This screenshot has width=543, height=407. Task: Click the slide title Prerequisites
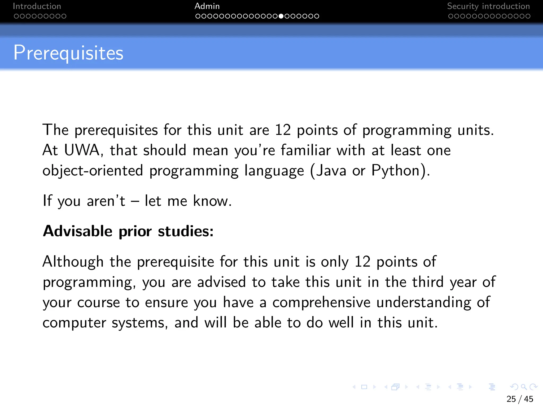coord(68,53)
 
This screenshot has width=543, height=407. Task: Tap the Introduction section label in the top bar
coord(37,6)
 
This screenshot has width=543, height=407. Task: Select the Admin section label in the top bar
coord(207,6)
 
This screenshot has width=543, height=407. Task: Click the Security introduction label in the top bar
coord(488,6)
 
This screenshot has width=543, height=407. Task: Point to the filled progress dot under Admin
coord(281,16)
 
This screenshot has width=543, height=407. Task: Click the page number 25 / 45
coord(520,399)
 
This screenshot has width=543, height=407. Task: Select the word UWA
coord(82,150)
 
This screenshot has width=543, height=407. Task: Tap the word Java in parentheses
coord(331,170)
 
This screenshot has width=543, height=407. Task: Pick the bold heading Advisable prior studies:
coord(128,231)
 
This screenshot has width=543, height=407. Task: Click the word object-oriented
coord(93,170)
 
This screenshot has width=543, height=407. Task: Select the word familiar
coord(306,150)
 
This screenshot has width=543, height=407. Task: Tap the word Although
coord(73,262)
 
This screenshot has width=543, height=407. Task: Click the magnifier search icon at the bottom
coord(524,387)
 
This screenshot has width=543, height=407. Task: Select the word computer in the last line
coord(74,323)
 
